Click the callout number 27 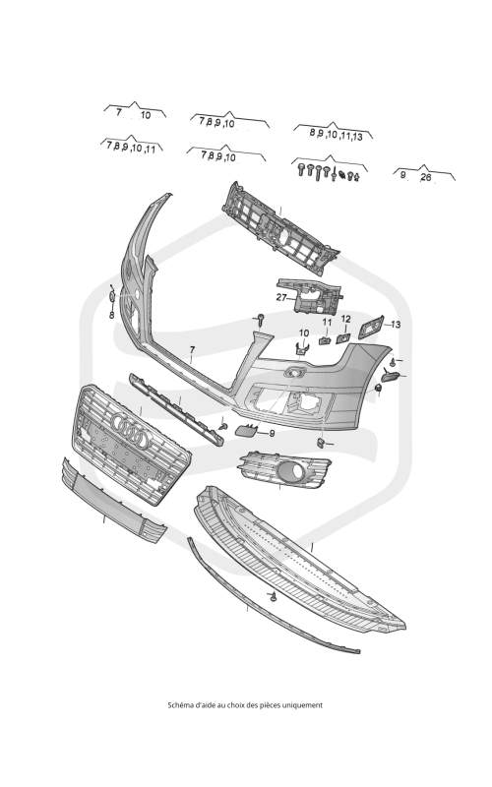tap(281, 298)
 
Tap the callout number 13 tap(396, 325)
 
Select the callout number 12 tap(346, 319)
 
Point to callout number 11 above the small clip tap(327, 322)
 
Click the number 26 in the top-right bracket tap(426, 177)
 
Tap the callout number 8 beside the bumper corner tap(112, 315)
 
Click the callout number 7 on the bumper tap(192, 349)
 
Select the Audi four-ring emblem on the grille tap(131, 431)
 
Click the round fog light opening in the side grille tap(290, 471)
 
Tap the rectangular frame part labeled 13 tap(371, 328)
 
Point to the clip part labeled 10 tap(302, 347)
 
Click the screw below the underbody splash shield tap(274, 597)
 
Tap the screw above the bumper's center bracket tap(261, 319)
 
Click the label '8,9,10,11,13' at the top tap(336, 135)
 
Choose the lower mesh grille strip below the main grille tap(114, 501)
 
